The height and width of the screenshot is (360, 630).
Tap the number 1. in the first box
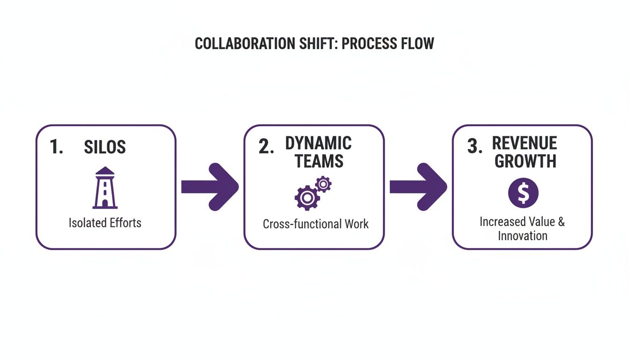(x=56, y=147)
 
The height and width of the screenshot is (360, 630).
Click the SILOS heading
(x=105, y=147)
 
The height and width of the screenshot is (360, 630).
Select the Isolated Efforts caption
(x=105, y=222)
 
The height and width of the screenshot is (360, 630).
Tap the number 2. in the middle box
(x=266, y=147)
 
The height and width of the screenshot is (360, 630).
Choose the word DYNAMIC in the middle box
(x=318, y=143)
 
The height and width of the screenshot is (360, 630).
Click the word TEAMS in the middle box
(x=319, y=161)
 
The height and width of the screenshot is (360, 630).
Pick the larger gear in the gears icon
(x=307, y=198)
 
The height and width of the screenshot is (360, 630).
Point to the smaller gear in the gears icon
(x=323, y=184)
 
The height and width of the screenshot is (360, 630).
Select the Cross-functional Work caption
(x=315, y=224)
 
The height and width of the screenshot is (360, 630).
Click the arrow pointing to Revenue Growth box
(x=418, y=187)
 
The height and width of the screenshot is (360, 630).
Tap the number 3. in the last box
(x=474, y=147)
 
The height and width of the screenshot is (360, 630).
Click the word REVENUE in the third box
(x=524, y=143)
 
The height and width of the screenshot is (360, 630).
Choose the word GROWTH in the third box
(x=525, y=161)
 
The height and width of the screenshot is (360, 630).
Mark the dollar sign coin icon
(x=523, y=193)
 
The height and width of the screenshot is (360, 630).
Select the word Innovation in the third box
(x=522, y=235)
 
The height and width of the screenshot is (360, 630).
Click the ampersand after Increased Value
(x=561, y=221)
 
